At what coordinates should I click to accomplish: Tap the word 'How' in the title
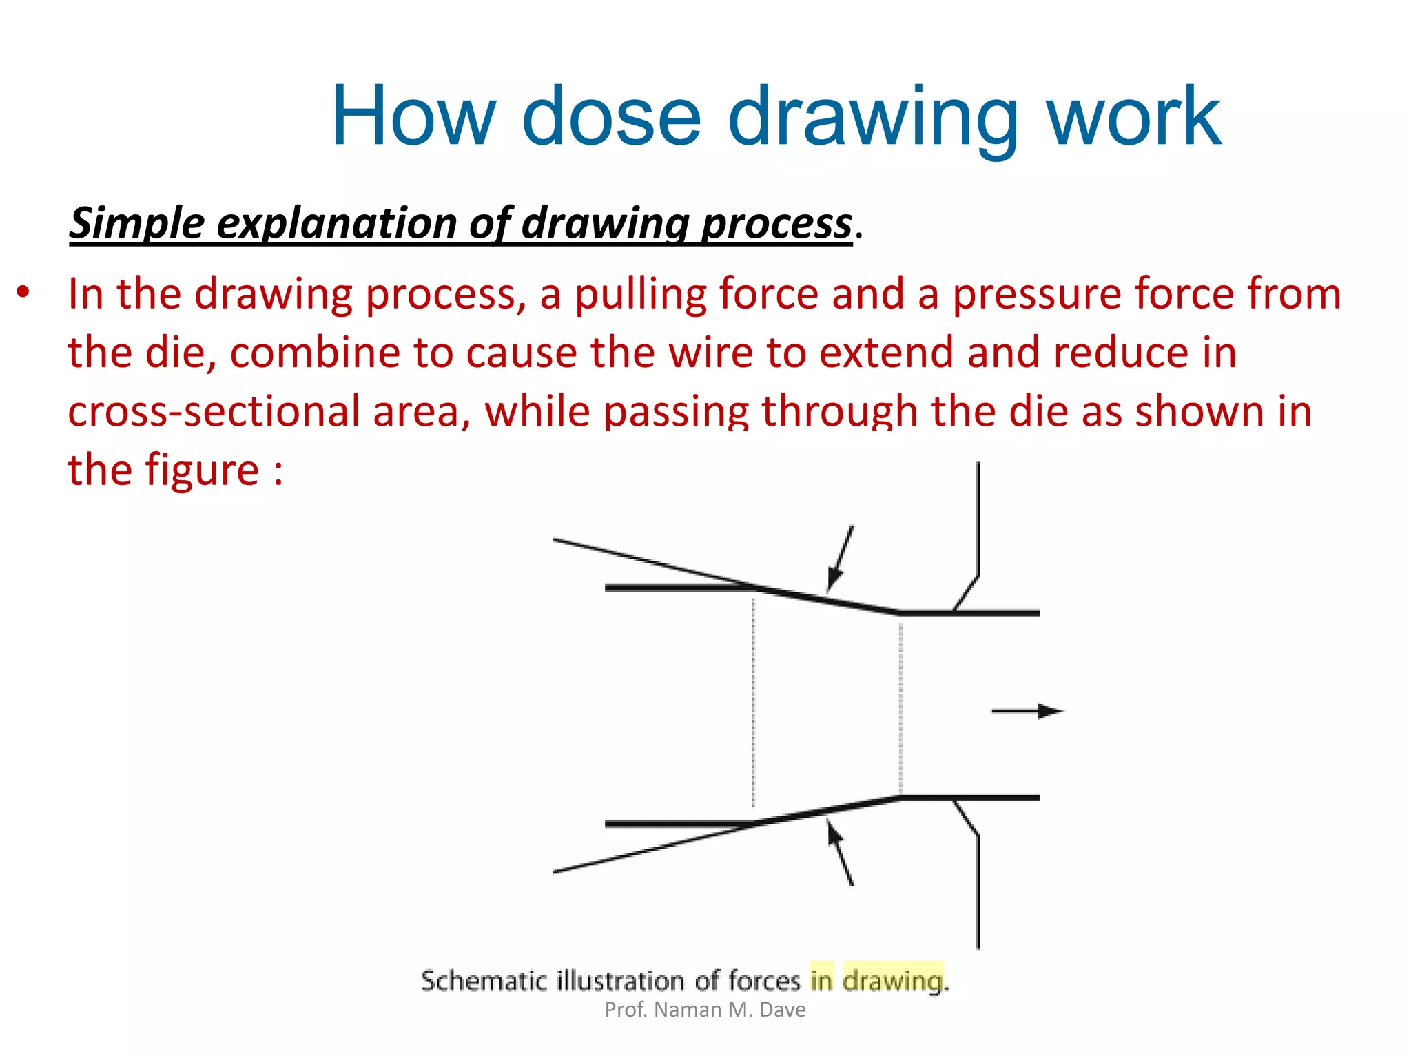click(413, 117)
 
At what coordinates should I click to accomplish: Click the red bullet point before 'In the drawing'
click(23, 293)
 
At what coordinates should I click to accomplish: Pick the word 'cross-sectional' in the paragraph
click(214, 412)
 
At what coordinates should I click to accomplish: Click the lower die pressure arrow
click(840, 853)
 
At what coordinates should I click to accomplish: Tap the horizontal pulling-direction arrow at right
click(1027, 712)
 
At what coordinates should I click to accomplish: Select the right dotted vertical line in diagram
click(901, 706)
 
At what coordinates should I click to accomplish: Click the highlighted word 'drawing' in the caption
click(894, 980)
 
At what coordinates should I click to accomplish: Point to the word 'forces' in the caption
click(764, 980)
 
